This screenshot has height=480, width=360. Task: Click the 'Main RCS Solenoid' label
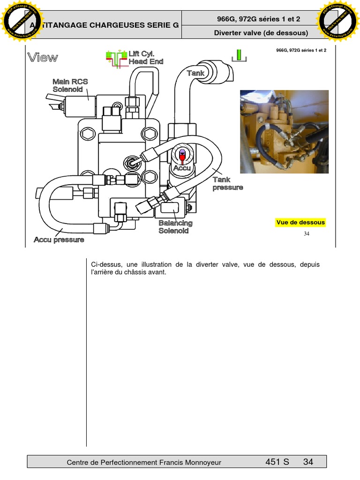click(70, 85)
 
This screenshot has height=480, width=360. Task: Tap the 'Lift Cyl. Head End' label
click(146, 58)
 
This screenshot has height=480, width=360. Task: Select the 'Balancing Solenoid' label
click(175, 227)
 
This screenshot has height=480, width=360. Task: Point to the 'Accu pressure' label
click(59, 240)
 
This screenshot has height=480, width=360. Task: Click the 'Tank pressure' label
click(228, 183)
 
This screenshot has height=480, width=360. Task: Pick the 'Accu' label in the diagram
click(182, 168)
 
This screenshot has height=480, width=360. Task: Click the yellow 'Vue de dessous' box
click(300, 223)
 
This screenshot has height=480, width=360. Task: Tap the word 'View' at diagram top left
click(43, 58)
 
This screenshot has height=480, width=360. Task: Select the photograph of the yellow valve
click(284, 132)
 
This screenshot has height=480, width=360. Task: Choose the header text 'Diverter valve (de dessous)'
click(261, 33)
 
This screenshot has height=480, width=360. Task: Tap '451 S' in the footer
click(277, 462)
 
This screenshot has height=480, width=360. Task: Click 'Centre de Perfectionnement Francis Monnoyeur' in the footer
click(144, 462)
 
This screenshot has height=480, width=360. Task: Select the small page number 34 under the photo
click(307, 234)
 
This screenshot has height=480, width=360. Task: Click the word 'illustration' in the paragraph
click(165, 264)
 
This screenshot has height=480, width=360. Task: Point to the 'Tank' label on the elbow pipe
click(195, 73)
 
